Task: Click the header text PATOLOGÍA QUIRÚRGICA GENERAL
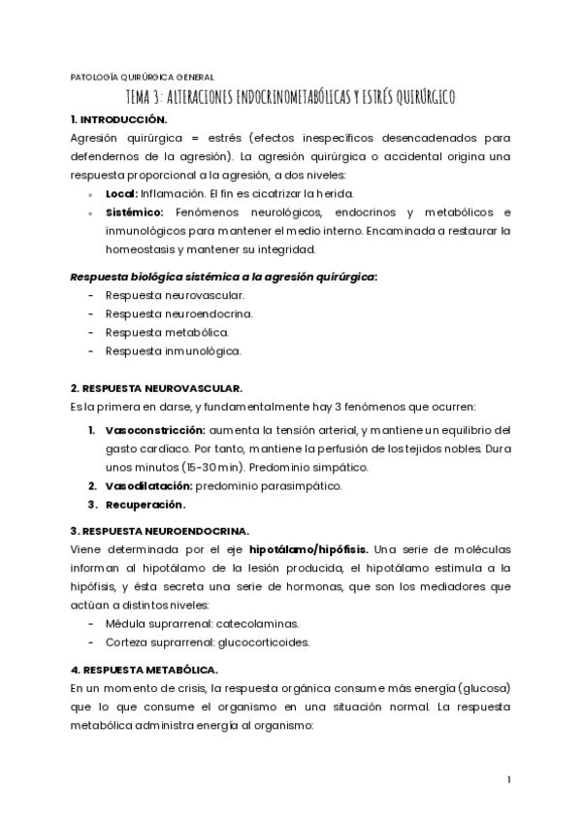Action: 143,77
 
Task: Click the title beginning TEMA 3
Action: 291,97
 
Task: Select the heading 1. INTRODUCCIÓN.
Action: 113,118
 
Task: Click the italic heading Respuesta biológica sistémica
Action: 224,277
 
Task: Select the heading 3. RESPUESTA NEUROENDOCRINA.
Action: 160,530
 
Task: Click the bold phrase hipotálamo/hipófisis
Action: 302,548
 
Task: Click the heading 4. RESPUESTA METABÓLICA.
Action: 144,670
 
